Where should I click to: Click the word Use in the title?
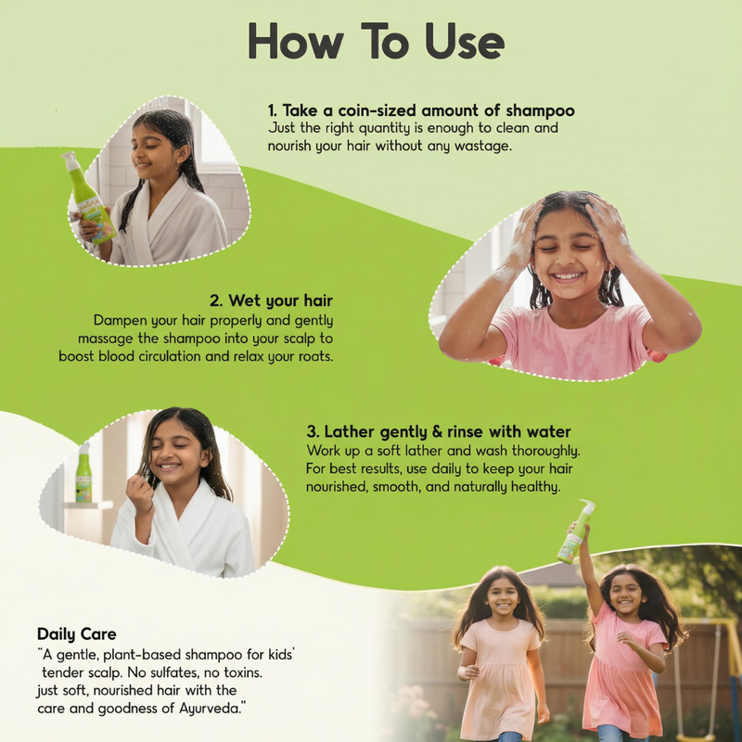coord(465,41)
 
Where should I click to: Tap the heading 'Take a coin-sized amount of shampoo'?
coord(429,110)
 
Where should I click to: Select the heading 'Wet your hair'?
coord(281,301)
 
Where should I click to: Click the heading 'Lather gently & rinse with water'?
coord(448,431)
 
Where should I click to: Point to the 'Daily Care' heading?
coord(77,633)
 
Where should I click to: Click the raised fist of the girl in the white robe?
coord(139,493)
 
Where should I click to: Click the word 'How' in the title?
coord(296,41)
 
